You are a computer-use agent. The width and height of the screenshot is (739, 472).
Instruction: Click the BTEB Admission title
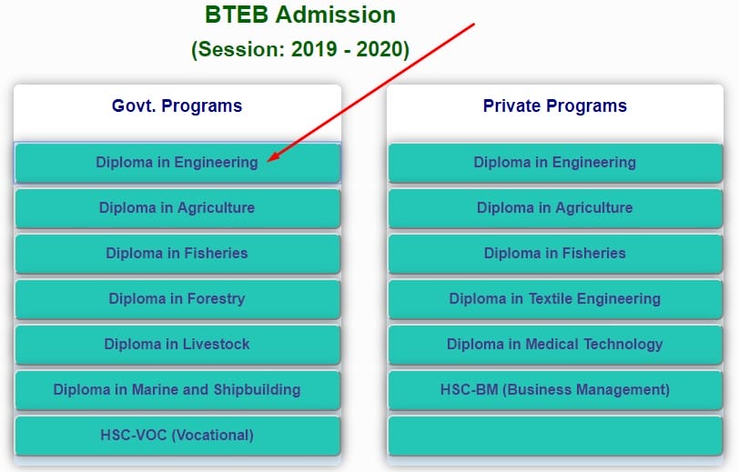coord(300,15)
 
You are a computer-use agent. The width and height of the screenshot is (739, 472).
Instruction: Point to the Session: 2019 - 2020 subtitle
coord(300,49)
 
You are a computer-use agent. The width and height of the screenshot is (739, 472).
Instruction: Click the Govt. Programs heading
coord(177,106)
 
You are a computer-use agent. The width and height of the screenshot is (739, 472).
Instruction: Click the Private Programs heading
coord(555,106)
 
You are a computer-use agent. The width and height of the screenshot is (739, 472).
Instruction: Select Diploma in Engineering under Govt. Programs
coord(177,163)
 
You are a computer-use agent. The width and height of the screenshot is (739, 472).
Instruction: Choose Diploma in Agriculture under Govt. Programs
coord(177,208)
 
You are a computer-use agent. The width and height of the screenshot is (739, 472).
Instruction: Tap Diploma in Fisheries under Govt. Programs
coord(177,254)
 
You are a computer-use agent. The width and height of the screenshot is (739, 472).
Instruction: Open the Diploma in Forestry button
coord(177,299)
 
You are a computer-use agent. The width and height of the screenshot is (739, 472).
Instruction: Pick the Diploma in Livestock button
coord(177,345)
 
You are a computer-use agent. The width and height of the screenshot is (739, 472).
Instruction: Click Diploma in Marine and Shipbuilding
coord(177,390)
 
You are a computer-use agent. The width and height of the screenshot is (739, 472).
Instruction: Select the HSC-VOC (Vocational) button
coord(177,436)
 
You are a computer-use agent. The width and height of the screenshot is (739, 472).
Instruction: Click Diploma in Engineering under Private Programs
coord(555,163)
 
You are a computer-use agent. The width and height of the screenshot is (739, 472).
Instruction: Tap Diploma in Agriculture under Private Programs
coord(555,208)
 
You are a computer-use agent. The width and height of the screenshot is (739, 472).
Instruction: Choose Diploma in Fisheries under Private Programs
coord(555,254)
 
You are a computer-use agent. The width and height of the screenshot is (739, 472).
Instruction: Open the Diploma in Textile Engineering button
coord(555,299)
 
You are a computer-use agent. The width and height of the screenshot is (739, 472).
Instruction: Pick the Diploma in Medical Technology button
coord(555,345)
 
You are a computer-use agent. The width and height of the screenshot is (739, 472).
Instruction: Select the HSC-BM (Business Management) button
coord(555,390)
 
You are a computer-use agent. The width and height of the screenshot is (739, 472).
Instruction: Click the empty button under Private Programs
coord(555,436)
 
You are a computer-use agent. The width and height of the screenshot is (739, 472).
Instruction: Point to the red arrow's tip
coord(268,162)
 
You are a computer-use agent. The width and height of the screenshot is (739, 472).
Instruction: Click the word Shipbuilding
coord(257,390)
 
